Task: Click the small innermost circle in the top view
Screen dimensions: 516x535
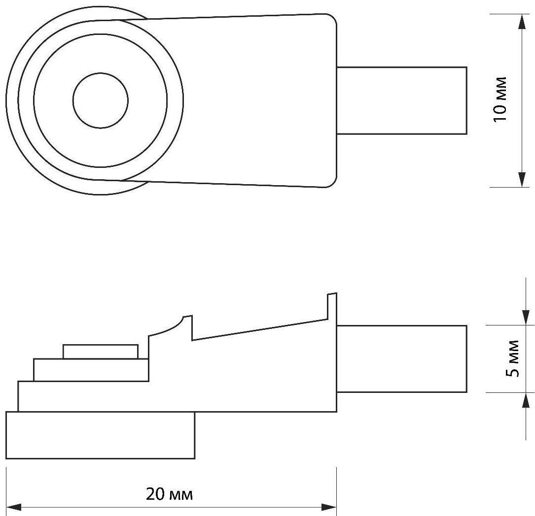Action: click(101, 100)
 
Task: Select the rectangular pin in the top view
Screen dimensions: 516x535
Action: click(401, 100)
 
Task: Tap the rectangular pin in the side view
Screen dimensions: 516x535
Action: click(401, 359)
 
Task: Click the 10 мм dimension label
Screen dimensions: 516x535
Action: click(500, 100)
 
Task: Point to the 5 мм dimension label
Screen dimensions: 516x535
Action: click(513, 359)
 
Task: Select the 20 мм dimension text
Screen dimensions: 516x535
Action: click(169, 494)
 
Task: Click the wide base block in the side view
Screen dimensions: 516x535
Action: click(101, 435)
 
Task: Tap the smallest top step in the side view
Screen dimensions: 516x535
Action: click(101, 352)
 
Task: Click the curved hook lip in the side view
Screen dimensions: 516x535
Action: click(173, 326)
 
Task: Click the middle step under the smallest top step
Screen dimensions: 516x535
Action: click(91, 370)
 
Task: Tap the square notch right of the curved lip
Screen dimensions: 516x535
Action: click(192, 329)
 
